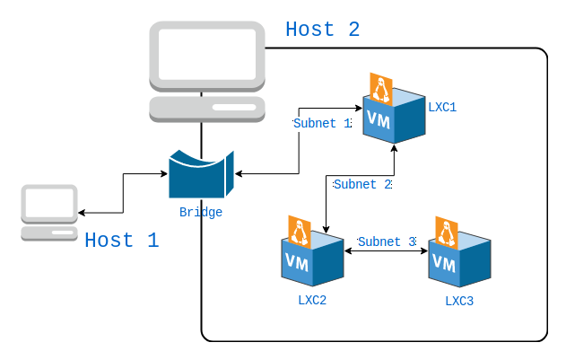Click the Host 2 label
pyautogui.click(x=322, y=30)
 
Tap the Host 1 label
pyautogui.click(x=121, y=241)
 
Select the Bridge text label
pyautogui.click(x=201, y=213)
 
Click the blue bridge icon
pyautogui.click(x=200, y=174)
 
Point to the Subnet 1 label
pyautogui.click(x=322, y=124)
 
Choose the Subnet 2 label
pyautogui.click(x=362, y=185)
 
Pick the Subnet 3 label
pyautogui.click(x=387, y=241)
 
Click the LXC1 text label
pyautogui.click(x=442, y=107)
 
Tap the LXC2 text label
pyautogui.click(x=312, y=300)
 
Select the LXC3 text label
pyautogui.click(x=459, y=301)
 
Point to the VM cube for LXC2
pyautogui.click(x=312, y=260)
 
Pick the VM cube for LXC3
pyautogui.click(x=459, y=261)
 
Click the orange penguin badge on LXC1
pyautogui.click(x=381, y=89)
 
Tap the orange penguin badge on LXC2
pyautogui.click(x=300, y=232)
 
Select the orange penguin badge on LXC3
pyautogui.click(x=447, y=233)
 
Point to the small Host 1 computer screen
pyautogui.click(x=49, y=204)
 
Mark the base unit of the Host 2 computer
pyautogui.click(x=207, y=109)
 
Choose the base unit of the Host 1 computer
pyautogui.click(x=49, y=233)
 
